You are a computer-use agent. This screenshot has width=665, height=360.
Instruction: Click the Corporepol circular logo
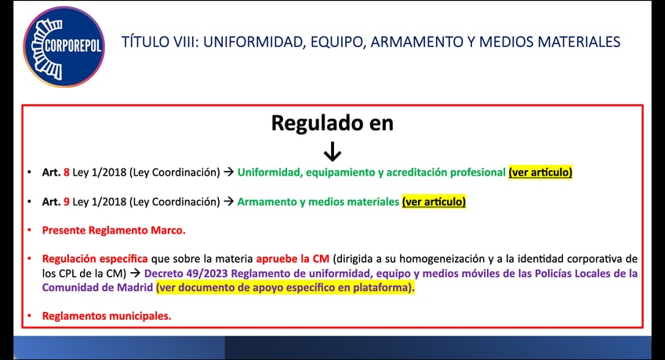[64, 46]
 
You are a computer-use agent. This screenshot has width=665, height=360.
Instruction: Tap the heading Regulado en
[332, 123]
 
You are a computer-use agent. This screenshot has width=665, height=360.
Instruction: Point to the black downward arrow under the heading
[332, 151]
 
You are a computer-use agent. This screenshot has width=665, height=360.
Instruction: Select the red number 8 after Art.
[67, 173]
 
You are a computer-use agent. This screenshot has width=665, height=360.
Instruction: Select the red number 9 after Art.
[67, 202]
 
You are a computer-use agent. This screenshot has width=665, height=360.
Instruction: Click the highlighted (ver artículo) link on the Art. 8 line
[540, 172]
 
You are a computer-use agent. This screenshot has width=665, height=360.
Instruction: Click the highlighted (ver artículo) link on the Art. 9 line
[434, 202]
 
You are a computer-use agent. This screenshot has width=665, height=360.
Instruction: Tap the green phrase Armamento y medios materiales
[318, 202]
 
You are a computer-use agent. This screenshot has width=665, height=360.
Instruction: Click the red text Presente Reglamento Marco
[114, 231]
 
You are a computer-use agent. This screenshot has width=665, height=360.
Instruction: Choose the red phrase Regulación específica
[95, 259]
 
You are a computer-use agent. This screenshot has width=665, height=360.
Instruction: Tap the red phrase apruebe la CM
[293, 259]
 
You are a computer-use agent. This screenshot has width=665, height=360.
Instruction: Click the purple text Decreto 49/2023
[186, 274]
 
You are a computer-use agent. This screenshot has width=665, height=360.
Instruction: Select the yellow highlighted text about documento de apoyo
[285, 288]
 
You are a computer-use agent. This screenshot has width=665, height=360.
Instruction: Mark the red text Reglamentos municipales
[107, 316]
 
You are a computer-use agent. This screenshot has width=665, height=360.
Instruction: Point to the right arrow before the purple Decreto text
[136, 274]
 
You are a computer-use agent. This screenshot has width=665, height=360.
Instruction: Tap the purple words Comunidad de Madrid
[97, 288]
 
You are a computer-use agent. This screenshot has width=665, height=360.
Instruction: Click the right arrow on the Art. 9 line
[229, 202]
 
